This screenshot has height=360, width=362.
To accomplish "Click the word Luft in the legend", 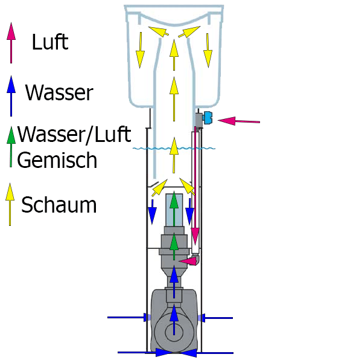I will tap(49, 42).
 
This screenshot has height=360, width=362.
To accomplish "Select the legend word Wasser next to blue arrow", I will tap(59, 93).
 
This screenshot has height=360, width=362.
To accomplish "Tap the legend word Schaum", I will tap(59, 205).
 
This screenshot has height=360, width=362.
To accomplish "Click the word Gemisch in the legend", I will tap(57, 160).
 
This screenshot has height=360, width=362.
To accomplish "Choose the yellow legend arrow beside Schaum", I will tap(10, 205).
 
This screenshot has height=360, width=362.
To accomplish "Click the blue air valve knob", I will tap(208, 118).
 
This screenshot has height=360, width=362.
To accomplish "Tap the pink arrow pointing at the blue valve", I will tap(238, 121).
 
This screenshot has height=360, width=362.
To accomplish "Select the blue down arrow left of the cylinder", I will tap(153, 210).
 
